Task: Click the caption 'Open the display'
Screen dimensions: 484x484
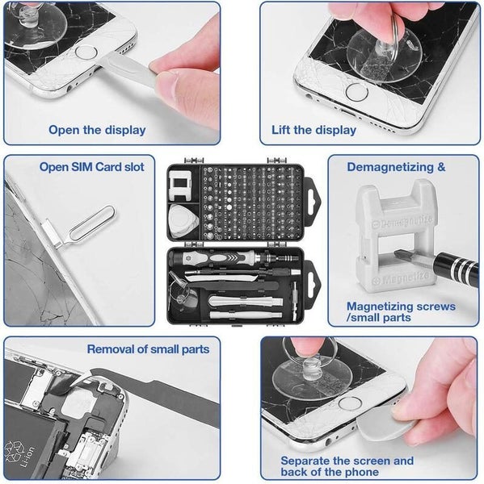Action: [97, 129]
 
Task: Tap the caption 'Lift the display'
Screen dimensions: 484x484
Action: [314, 129]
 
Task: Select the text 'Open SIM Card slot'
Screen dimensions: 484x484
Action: [92, 167]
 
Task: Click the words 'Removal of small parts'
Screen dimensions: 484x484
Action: [148, 348]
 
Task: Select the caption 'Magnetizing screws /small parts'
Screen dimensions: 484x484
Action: [401, 312]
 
